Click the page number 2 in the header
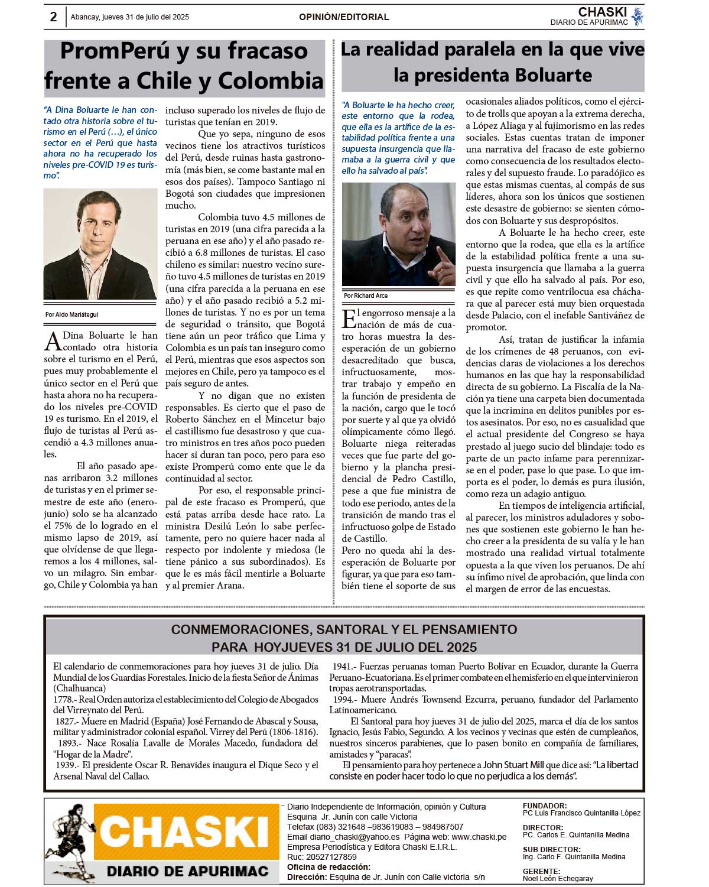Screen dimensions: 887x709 coord(53,17)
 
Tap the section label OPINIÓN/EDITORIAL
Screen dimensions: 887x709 coord(344,17)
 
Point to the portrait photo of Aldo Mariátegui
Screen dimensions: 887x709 coord(100,244)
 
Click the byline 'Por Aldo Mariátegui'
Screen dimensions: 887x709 coord(72,314)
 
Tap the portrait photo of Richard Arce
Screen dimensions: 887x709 coord(399,235)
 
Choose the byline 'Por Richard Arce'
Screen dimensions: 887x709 coord(366,295)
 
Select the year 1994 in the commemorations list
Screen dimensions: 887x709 coord(343,700)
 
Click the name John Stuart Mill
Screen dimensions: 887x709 coord(513,765)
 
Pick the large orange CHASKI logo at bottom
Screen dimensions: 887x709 coord(185,831)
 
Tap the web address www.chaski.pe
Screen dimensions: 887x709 coord(479,837)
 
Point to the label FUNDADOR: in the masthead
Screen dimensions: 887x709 coord(544,805)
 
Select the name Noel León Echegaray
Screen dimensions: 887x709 coord(558,879)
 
